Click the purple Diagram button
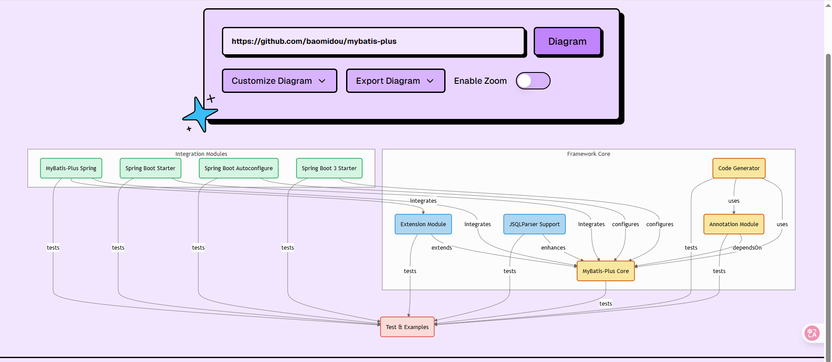coord(567,41)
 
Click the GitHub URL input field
coord(373,41)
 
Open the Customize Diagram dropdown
coord(279,81)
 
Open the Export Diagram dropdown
coord(395,81)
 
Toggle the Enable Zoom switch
coord(533,81)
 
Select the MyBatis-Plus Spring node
coord(71,168)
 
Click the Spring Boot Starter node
coord(150,168)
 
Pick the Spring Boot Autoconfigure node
coord(238,168)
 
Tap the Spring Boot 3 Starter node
coord(329,168)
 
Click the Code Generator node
coord(739,168)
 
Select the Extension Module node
coord(423,224)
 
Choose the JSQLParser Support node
coord(534,224)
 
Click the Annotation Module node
coord(733,224)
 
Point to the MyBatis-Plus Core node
coord(605,271)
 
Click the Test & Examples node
coord(407,327)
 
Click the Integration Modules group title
coord(201,154)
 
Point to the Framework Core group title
coord(588,154)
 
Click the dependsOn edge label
coord(747,248)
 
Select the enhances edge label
coord(553,248)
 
